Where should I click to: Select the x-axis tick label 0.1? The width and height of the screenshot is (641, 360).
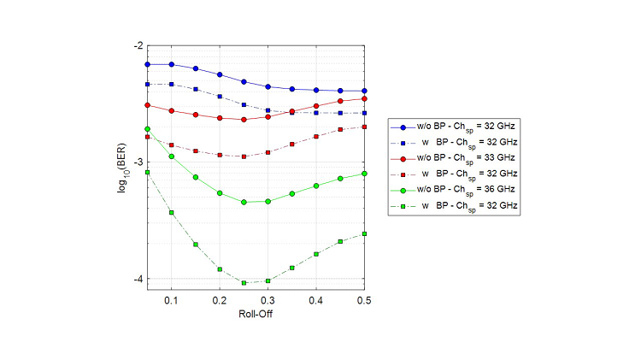[172, 301]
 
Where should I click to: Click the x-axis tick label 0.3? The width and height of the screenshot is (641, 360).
[268, 301]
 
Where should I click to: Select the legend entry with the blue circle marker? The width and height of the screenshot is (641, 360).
[454, 127]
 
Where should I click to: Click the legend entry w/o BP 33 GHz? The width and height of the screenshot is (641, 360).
[454, 158]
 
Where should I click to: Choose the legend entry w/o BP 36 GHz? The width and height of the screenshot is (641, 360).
[454, 190]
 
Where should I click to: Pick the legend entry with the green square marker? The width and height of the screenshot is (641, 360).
[454, 206]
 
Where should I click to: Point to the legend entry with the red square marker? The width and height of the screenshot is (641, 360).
[454, 174]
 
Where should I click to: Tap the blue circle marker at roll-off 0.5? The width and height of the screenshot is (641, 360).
[365, 91]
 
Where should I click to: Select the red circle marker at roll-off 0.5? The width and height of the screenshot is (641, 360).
[365, 98]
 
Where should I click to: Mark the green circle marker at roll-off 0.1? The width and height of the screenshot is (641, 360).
[172, 156]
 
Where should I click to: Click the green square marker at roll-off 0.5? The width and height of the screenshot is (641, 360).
[365, 233]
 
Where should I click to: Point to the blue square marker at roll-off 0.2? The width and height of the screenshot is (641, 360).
[220, 97]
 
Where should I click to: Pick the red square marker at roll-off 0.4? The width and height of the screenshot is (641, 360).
[316, 137]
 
